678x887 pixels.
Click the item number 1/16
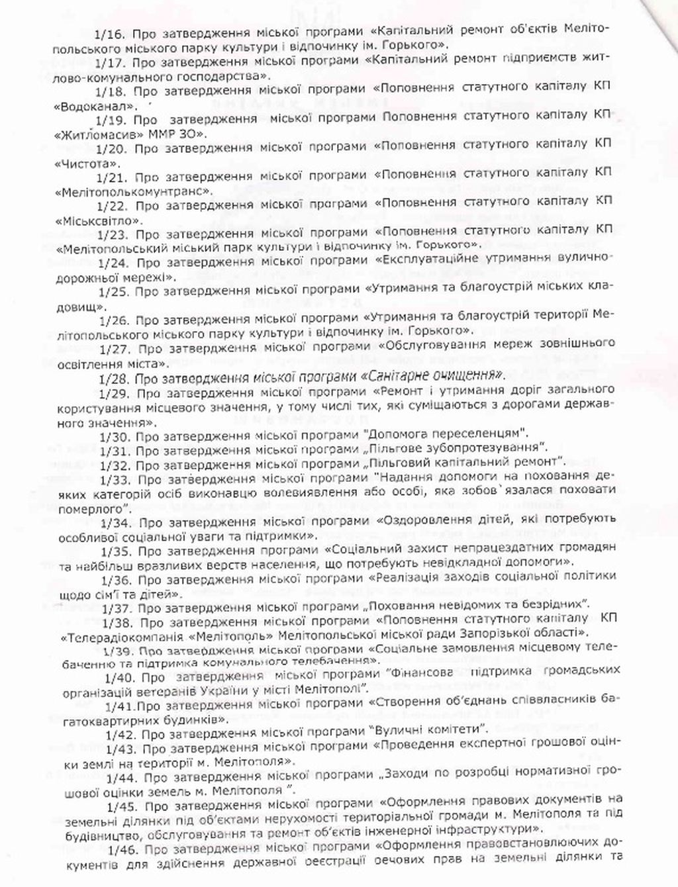[110, 33]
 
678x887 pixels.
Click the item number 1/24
[111, 261]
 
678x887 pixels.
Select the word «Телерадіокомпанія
[119, 633]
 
